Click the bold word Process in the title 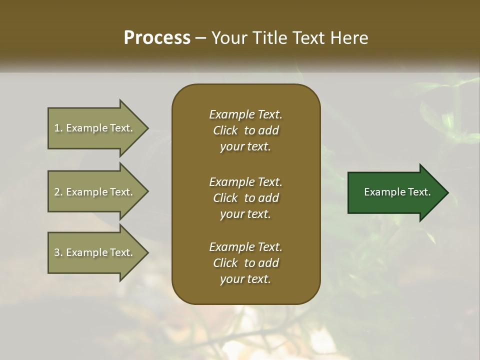(157, 38)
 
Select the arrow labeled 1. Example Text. (93, 128)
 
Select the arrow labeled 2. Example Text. (93, 192)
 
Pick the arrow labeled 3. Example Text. (93, 252)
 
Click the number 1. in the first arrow (58, 128)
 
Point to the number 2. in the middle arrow (58, 192)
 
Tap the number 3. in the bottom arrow (58, 252)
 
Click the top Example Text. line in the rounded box (245, 114)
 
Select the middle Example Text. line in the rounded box (245, 181)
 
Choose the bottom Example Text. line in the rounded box (245, 247)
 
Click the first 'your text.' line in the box (245, 147)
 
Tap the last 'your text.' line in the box (245, 279)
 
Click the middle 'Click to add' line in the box (245, 198)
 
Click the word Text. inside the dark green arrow (419, 192)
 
